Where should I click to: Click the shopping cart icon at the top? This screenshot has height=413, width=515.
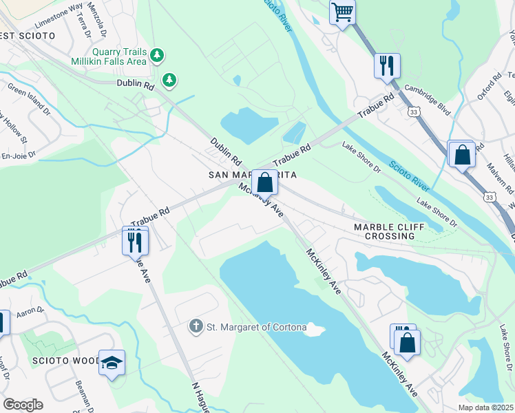[342, 12]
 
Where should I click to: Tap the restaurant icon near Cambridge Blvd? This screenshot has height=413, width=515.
[387, 66]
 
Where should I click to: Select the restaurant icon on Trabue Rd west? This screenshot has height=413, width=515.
[135, 241]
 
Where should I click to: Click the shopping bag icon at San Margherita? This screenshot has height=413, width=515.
[264, 182]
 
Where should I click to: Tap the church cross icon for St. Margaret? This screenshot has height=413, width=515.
[196, 326]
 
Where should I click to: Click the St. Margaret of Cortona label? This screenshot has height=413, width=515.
[256, 327]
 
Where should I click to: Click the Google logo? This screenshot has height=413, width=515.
[23, 404]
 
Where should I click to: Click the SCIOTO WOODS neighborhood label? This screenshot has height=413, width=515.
[65, 361]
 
